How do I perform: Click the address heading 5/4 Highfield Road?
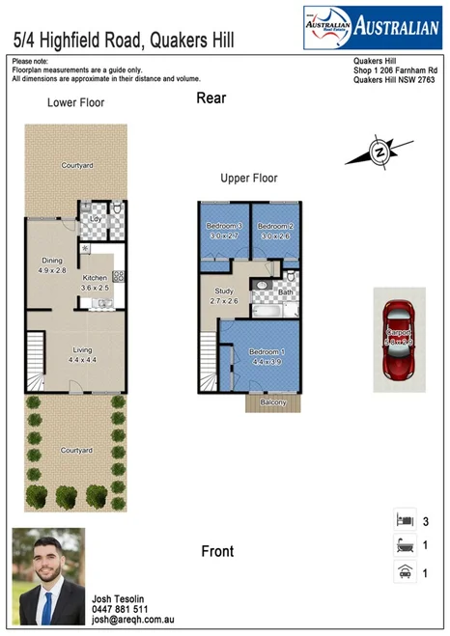[x=123, y=40]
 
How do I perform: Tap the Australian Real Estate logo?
[x=371, y=28]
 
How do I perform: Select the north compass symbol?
[x=379, y=152]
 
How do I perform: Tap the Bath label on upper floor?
[x=285, y=291]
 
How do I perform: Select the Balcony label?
[x=272, y=402]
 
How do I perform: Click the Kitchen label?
[x=95, y=278]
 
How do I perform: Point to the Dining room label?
[x=51, y=261]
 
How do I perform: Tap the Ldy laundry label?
[x=95, y=219]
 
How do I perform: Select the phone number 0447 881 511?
[x=120, y=610]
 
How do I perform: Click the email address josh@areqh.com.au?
[x=134, y=622]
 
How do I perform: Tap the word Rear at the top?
[x=211, y=97]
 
